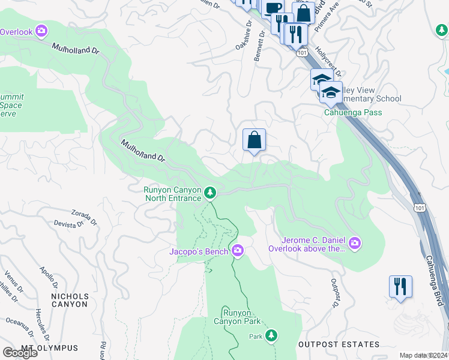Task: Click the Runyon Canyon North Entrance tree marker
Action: click(209, 193)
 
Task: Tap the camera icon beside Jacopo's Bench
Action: click(238, 250)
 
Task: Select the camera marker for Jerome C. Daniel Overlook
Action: click(355, 242)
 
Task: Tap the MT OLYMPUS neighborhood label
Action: click(49, 348)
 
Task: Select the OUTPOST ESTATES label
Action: click(339, 344)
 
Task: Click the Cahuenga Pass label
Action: click(353, 112)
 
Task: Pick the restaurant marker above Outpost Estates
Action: click(400, 286)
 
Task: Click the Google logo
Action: click(20, 352)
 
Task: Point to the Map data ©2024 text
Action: click(424, 355)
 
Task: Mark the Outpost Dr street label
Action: click(334, 293)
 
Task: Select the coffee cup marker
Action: click(273, 8)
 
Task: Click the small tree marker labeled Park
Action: click(272, 335)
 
